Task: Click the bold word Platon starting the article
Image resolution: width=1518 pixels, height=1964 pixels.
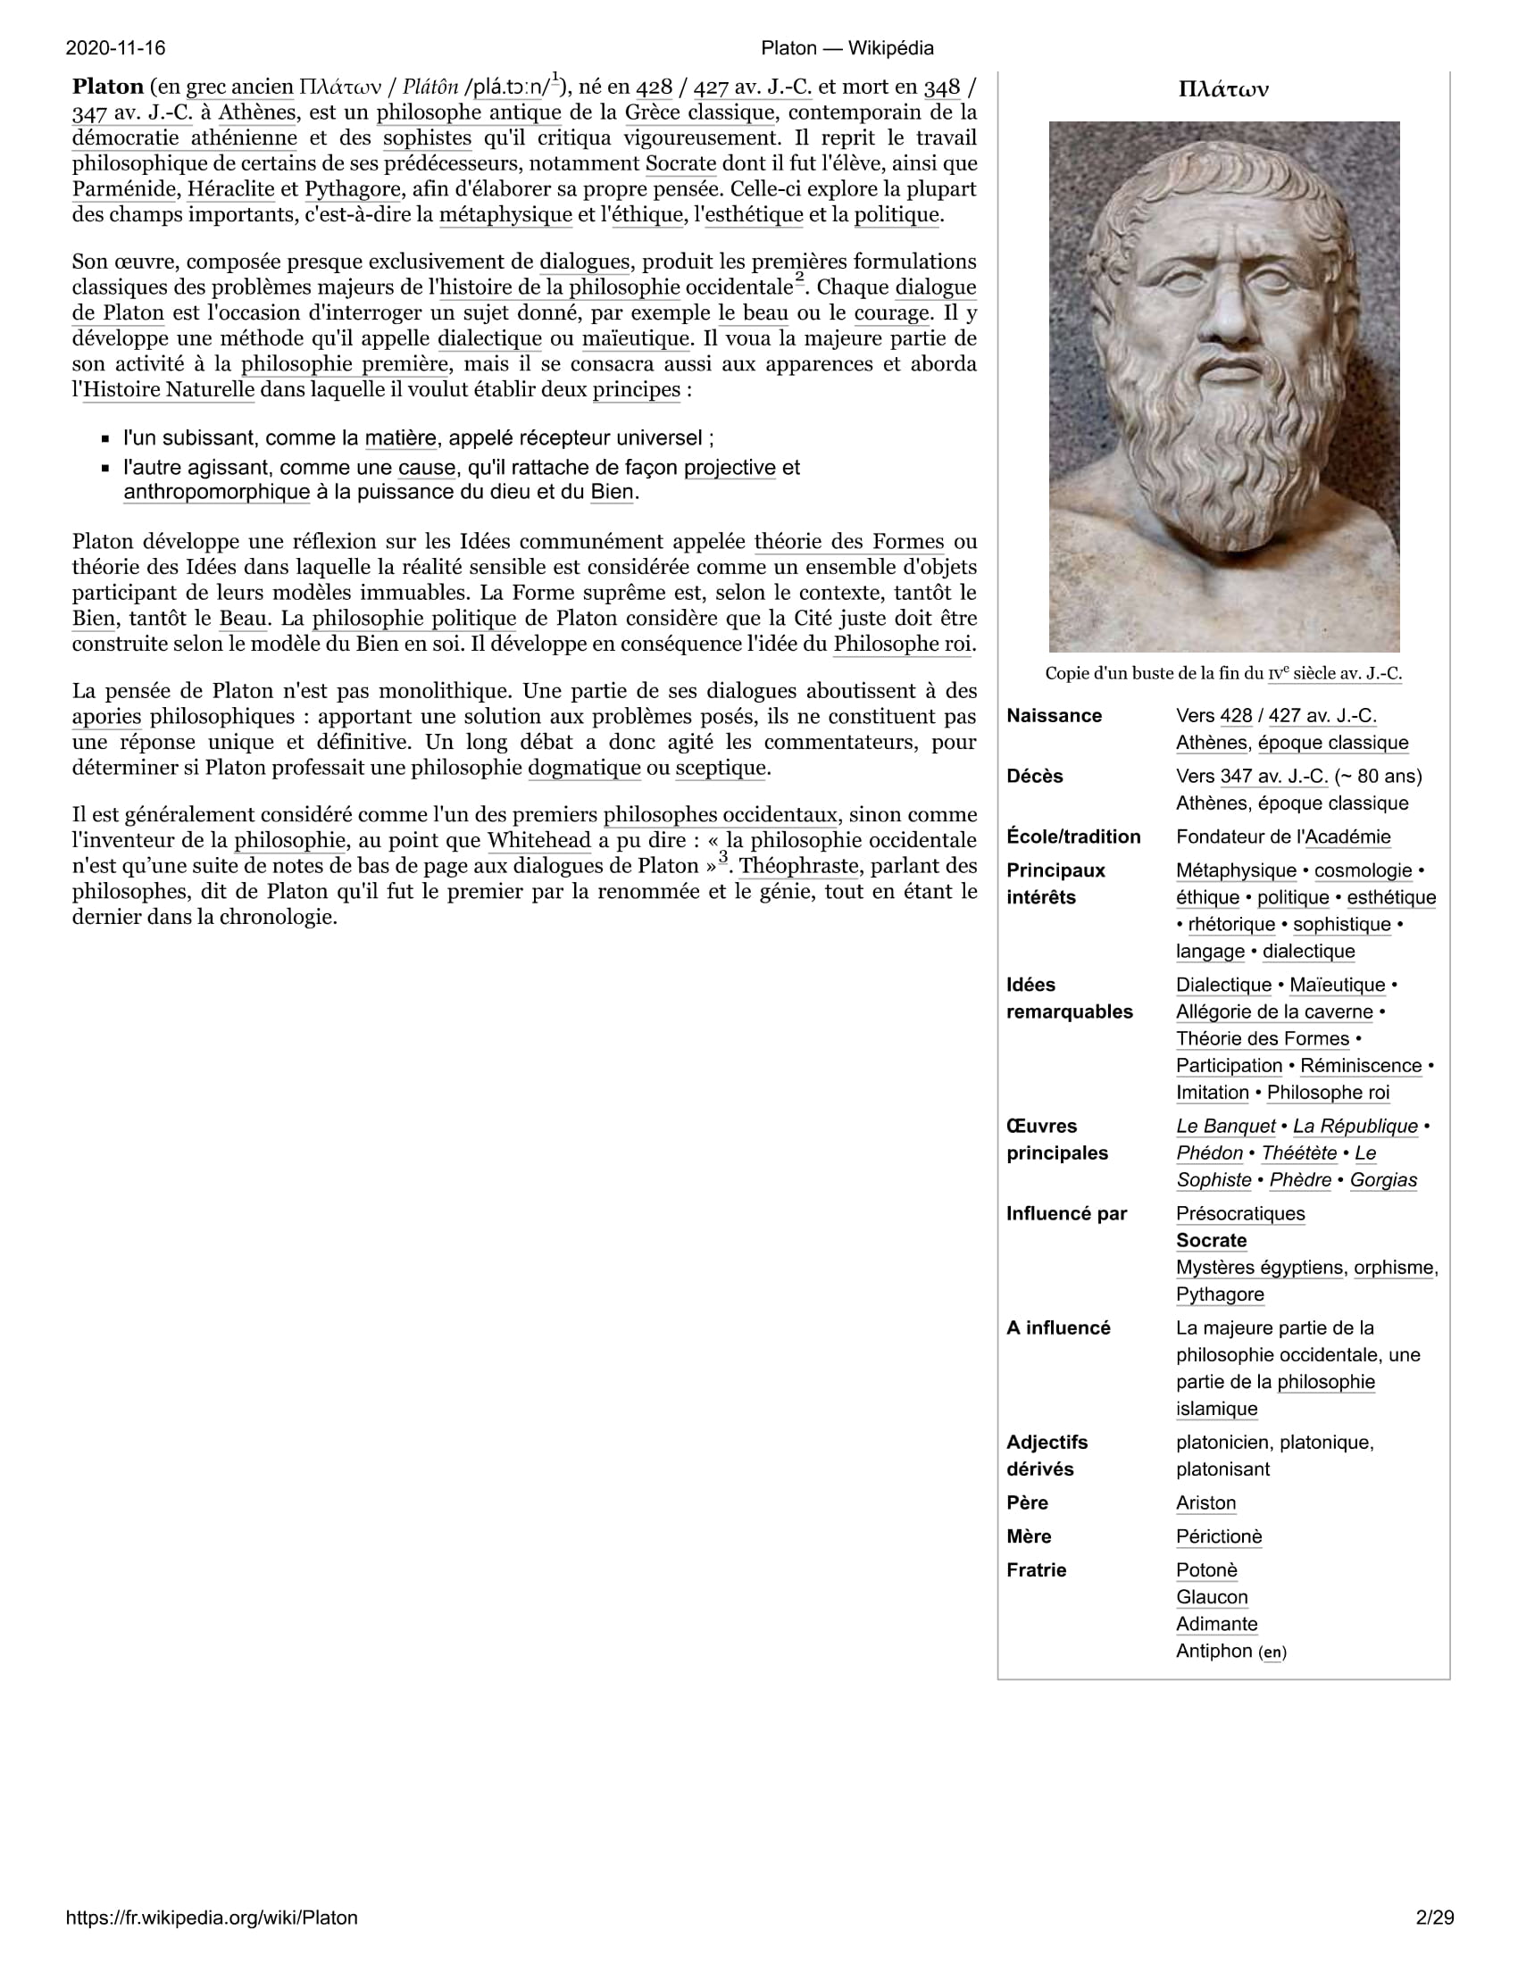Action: pyautogui.click(x=108, y=87)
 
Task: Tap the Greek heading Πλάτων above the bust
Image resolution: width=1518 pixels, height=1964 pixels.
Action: pyautogui.click(x=1223, y=89)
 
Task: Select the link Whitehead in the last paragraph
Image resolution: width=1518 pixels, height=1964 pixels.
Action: pyautogui.click(x=538, y=841)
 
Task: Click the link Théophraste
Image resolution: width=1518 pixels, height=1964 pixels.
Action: pyautogui.click(x=798, y=866)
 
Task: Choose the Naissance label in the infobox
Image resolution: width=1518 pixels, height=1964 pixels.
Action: pyautogui.click(x=1054, y=716)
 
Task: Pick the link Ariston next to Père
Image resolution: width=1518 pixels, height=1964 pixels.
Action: pyautogui.click(x=1206, y=1502)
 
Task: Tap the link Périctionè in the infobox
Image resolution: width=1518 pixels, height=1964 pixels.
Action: pyautogui.click(x=1219, y=1537)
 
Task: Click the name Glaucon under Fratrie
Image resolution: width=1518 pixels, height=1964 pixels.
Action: pyautogui.click(x=1212, y=1597)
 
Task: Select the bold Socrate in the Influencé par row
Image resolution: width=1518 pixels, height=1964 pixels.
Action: pyautogui.click(x=1212, y=1241)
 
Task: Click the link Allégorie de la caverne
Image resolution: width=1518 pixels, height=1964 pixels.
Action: pyautogui.click(x=1274, y=1011)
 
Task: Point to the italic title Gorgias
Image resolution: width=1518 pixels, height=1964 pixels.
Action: pyautogui.click(x=1383, y=1180)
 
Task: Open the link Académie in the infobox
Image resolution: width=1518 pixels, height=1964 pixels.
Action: pyautogui.click(x=1347, y=837)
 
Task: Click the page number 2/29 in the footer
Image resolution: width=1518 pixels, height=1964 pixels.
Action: pyautogui.click(x=1434, y=1918)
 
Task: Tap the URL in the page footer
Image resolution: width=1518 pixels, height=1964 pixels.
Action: pyautogui.click(x=212, y=1918)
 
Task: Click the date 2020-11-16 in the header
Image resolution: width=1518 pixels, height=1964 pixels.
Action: pyautogui.click(x=115, y=47)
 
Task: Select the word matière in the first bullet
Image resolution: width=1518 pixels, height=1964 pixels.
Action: pyautogui.click(x=400, y=439)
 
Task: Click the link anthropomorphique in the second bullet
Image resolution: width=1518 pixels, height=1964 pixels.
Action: pyautogui.click(x=217, y=493)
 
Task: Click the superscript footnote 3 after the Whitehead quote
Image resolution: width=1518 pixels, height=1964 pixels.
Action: pyautogui.click(x=722, y=857)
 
